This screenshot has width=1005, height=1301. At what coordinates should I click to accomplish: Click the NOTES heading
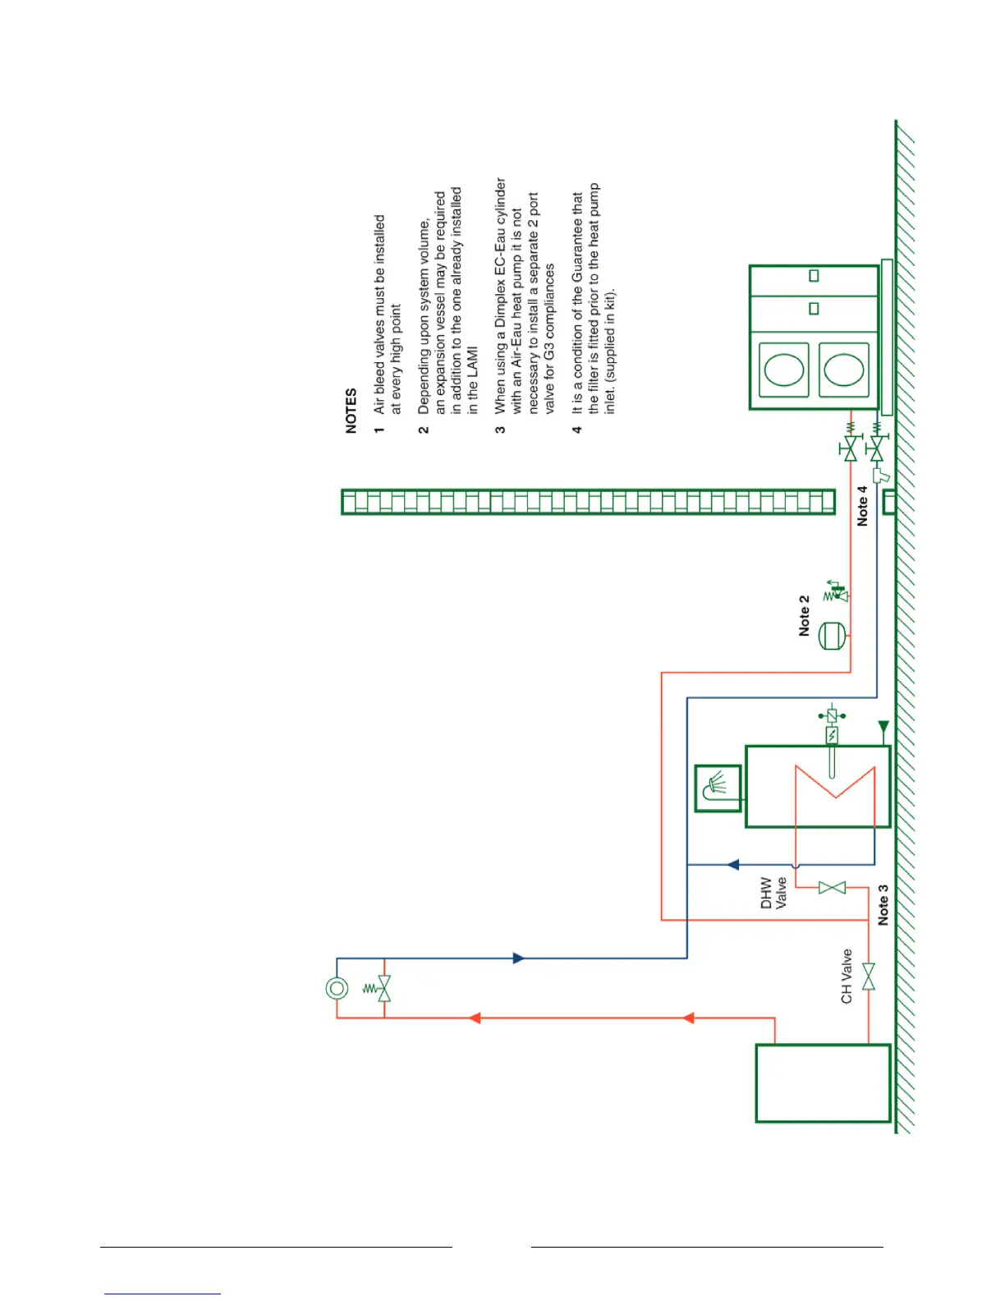pos(351,411)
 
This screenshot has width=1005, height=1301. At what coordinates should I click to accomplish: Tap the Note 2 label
pos(805,615)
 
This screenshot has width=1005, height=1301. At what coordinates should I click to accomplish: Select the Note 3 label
pos(883,905)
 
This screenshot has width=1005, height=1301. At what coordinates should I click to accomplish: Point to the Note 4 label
pos(862,506)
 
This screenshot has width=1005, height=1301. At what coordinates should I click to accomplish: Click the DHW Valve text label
pos(773,893)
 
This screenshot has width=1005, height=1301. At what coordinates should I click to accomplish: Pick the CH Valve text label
pos(847,977)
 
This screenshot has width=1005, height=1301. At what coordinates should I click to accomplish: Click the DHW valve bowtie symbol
pos(832,888)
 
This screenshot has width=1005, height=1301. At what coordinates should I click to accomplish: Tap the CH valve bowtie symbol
pos(869,977)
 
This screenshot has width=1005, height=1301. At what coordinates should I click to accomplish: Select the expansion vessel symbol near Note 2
pos(832,636)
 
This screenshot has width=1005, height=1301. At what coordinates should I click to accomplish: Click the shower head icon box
pos(718,788)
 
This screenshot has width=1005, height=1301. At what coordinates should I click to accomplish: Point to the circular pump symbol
pos(337,988)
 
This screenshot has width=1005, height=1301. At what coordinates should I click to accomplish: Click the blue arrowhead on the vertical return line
pos(518,958)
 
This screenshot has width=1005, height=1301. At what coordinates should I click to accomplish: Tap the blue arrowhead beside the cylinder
pos(733,864)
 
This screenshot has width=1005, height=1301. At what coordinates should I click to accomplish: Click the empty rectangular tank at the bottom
pos(823,1083)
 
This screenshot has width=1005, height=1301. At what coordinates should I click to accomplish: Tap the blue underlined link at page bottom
pos(163,1294)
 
